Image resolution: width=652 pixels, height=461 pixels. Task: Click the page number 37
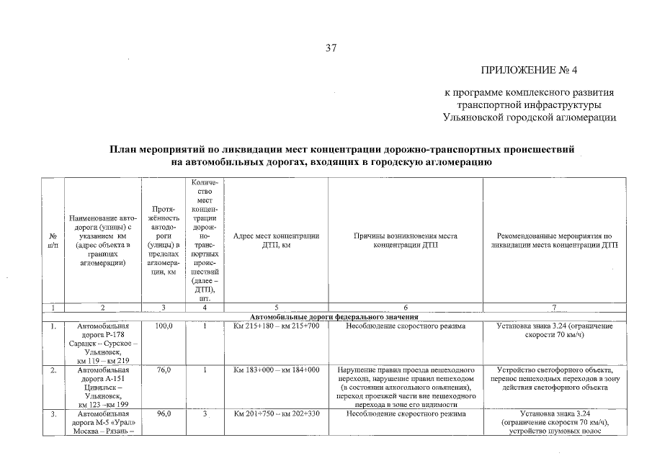point(331,48)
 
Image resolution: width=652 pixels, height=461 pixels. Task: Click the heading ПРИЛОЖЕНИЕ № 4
point(530,71)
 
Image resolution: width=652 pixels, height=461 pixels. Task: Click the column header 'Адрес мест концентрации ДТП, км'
point(277,241)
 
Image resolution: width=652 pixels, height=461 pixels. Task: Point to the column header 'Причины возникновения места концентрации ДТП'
point(406,241)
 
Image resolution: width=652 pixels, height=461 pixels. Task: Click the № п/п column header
point(53,241)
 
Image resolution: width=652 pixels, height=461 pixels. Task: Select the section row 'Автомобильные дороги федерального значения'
point(334,317)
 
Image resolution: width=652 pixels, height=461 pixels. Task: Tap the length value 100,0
point(164,326)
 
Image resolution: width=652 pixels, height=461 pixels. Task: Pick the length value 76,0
point(164,370)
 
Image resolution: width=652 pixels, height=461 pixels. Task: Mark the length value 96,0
point(164,413)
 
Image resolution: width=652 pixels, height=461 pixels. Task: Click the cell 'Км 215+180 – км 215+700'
point(277,326)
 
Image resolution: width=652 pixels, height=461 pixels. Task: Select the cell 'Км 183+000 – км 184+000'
point(277,370)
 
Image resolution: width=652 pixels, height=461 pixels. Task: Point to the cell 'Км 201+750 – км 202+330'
point(277,413)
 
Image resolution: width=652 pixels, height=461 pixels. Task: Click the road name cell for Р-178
point(103,343)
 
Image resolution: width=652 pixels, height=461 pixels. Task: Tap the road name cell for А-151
point(103,387)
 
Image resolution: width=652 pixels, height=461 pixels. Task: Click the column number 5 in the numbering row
point(277,308)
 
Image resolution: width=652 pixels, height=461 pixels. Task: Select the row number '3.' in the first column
point(53,414)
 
